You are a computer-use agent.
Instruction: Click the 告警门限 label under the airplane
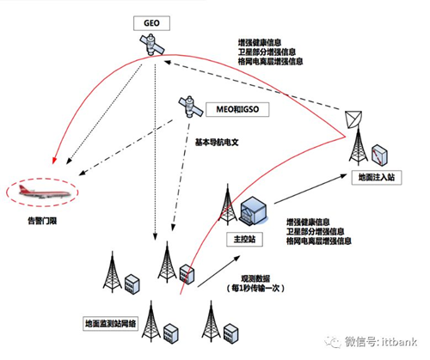[x=40, y=225]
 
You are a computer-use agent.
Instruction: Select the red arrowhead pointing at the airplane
[x=57, y=158]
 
